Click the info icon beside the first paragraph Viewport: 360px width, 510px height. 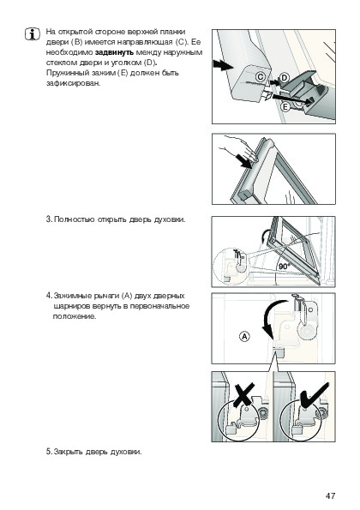tap(33, 33)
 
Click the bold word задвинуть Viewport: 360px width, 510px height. tap(115, 52)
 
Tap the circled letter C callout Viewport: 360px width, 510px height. tap(261, 77)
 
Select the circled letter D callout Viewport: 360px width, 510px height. tap(285, 78)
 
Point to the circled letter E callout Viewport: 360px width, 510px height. tap(285, 106)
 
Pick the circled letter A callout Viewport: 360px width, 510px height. tap(244, 336)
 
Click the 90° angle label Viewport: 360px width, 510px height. tap(284, 266)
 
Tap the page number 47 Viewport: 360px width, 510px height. tap(330, 495)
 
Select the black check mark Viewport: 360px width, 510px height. tap(314, 394)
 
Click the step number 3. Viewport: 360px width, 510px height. tap(49, 219)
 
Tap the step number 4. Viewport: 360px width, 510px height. tap(49, 296)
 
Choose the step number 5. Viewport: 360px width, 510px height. tap(49, 452)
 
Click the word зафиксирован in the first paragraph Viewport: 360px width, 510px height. tap(74, 83)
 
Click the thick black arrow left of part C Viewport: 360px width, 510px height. tap(223, 65)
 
